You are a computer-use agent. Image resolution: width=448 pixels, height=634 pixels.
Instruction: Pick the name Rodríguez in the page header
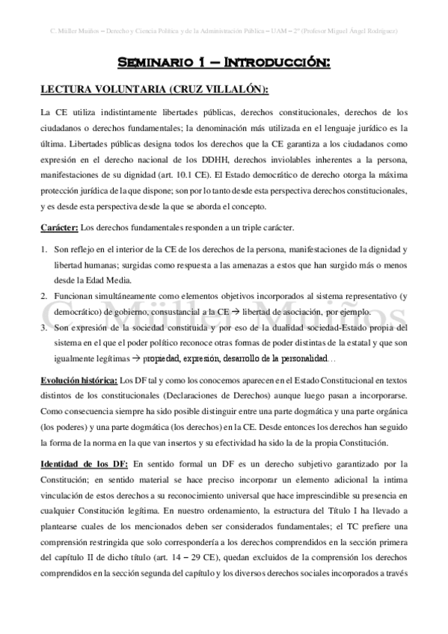378,31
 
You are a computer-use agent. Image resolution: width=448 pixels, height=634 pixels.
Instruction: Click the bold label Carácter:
58,227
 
